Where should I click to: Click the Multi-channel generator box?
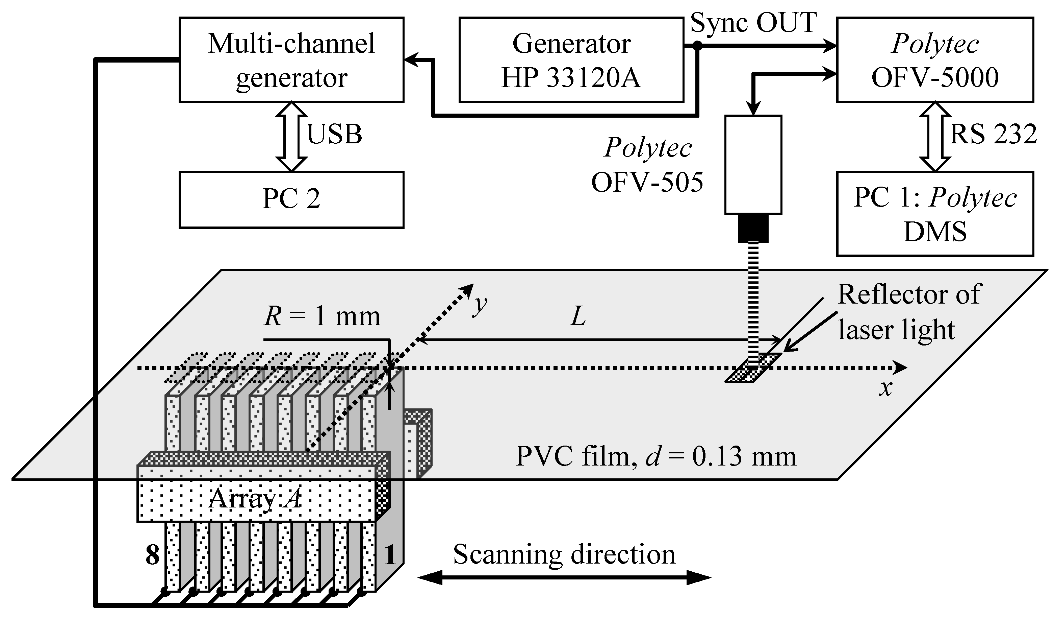pyautogui.click(x=291, y=60)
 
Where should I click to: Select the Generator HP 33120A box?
pyautogui.click(x=571, y=60)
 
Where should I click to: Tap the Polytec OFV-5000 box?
pyautogui.click(x=935, y=60)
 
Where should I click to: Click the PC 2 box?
pyautogui.click(x=291, y=199)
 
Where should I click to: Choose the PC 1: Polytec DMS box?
pyautogui.click(x=935, y=214)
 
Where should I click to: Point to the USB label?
pyautogui.click(x=334, y=135)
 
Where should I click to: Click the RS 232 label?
pyautogui.click(x=993, y=135)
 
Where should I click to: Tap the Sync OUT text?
pyautogui.click(x=753, y=23)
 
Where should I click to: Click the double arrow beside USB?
pyautogui.click(x=291, y=137)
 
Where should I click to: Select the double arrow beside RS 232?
pyautogui.click(x=935, y=137)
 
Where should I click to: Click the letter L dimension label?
pyautogui.click(x=578, y=317)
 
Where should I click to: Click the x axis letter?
pyautogui.click(x=885, y=388)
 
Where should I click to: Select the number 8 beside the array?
pyautogui.click(x=153, y=555)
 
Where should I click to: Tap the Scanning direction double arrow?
pyautogui.click(x=564, y=578)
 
